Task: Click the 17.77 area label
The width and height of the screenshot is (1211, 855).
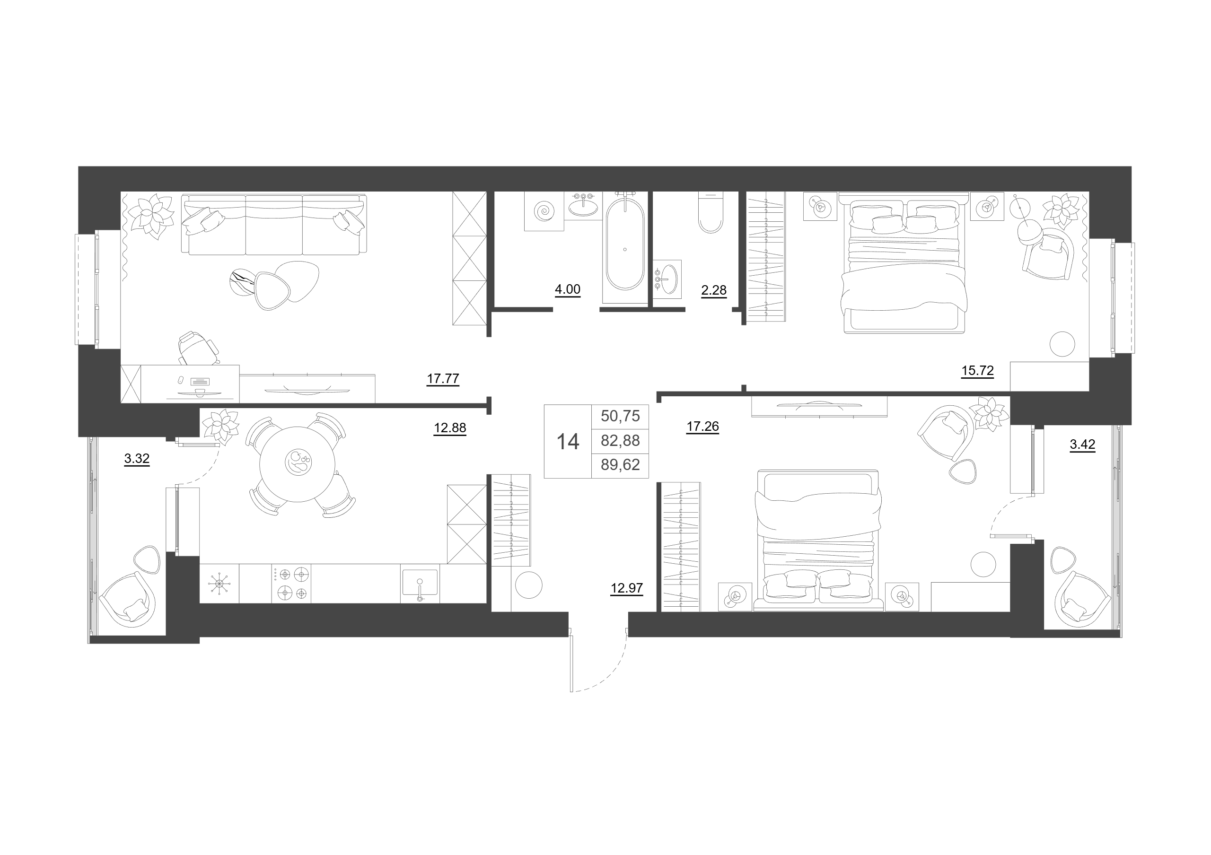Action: [x=442, y=378]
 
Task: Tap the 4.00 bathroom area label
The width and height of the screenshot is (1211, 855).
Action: [x=568, y=289]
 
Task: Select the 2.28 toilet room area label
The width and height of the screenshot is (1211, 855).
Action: [x=714, y=290]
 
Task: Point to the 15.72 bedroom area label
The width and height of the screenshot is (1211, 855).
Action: [x=977, y=371]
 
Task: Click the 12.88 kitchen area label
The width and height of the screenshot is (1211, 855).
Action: [x=450, y=428]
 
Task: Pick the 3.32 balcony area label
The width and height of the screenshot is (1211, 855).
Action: [x=137, y=459]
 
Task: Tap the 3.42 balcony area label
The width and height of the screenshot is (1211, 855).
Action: [x=1082, y=445]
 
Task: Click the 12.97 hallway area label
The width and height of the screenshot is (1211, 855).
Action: [x=627, y=588]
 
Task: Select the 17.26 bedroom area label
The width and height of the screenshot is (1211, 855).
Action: [x=702, y=426]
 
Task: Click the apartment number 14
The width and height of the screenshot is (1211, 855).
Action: [x=568, y=442]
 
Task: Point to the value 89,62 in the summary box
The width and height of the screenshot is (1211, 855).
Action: [x=620, y=464]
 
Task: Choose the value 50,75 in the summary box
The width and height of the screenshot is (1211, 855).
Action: [x=620, y=416]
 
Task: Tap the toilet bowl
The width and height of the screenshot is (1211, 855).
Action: [x=711, y=212]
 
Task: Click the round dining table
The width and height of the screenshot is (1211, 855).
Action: [x=298, y=464]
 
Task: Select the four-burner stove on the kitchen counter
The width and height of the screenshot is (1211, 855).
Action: [x=291, y=583]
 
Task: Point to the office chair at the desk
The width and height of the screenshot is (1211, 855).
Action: [x=198, y=348]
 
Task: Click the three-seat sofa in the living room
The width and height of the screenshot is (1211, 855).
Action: [x=274, y=225]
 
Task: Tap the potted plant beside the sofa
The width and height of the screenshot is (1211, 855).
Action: [x=152, y=215]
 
